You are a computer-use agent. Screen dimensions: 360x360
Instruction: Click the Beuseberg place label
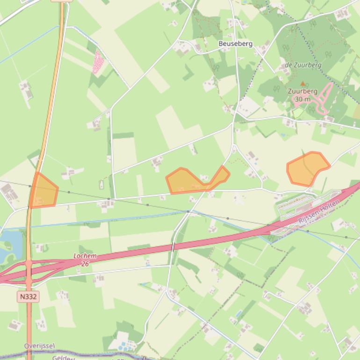click(x=236, y=43)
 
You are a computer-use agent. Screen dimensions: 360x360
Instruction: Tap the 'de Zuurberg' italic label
click(x=303, y=65)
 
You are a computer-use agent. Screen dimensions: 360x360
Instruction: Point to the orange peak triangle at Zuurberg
click(x=302, y=84)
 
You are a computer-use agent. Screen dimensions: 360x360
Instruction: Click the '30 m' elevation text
click(x=302, y=99)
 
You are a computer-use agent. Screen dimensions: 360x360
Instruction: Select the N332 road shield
click(x=29, y=296)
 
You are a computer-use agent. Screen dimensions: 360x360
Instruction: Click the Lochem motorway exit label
click(x=85, y=256)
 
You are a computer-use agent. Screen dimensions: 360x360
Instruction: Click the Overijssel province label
click(x=39, y=346)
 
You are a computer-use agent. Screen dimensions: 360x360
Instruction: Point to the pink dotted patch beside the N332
click(x=98, y=63)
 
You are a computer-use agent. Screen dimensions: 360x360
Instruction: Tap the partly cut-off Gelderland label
click(x=63, y=358)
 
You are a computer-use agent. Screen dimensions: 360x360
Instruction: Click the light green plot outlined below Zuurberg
click(x=298, y=113)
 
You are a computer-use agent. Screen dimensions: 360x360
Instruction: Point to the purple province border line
click(x=94, y=355)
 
